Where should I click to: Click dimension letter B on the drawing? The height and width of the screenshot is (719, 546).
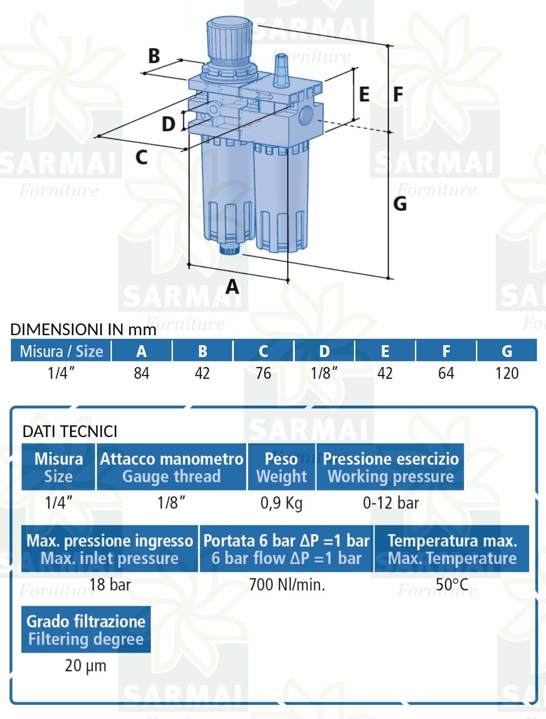(154, 55)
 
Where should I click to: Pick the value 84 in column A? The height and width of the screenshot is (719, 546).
(142, 373)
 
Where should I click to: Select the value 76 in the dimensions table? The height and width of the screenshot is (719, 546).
(263, 373)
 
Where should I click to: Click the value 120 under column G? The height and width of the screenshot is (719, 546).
(507, 373)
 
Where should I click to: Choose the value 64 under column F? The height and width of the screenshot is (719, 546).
(446, 373)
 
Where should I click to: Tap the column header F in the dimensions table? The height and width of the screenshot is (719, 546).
(446, 351)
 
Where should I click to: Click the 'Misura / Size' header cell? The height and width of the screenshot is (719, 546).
(61, 351)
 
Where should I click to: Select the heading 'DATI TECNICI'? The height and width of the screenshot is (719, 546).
(70, 431)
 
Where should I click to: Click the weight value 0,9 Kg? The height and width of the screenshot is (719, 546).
(282, 503)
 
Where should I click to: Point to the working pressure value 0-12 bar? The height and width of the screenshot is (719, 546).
(391, 503)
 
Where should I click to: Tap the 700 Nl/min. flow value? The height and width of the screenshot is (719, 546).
(287, 585)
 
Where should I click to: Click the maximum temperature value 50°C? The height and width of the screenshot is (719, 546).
(452, 585)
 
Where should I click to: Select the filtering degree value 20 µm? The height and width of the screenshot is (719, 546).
(86, 666)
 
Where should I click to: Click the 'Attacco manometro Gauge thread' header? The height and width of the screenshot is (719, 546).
(172, 467)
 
